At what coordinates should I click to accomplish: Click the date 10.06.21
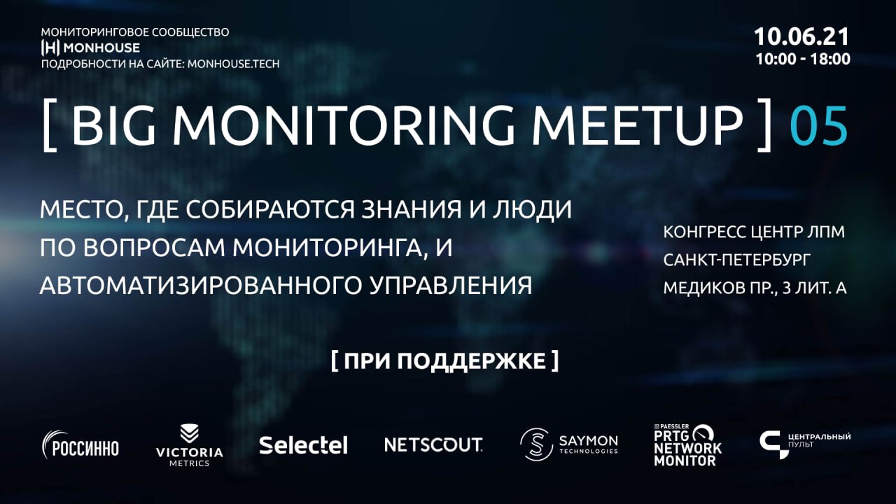(x=801, y=37)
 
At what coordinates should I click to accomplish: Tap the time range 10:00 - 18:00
(x=803, y=59)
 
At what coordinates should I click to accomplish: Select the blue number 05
(x=819, y=125)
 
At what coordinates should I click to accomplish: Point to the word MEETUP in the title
(x=637, y=125)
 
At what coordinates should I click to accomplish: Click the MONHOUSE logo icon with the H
(x=50, y=48)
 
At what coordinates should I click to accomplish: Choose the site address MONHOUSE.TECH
(x=234, y=64)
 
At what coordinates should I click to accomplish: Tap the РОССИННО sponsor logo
(x=80, y=444)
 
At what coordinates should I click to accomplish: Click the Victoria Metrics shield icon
(x=189, y=434)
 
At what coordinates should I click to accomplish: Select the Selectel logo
(x=303, y=445)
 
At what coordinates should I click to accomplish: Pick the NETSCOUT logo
(x=433, y=444)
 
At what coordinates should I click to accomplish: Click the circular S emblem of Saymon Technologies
(x=536, y=444)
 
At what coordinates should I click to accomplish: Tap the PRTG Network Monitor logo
(x=688, y=445)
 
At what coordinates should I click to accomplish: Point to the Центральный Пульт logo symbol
(x=772, y=444)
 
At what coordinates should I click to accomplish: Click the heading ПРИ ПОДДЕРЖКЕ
(x=444, y=361)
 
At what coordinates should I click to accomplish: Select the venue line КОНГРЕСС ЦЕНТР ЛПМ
(x=754, y=232)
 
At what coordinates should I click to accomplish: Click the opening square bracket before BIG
(x=49, y=125)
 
